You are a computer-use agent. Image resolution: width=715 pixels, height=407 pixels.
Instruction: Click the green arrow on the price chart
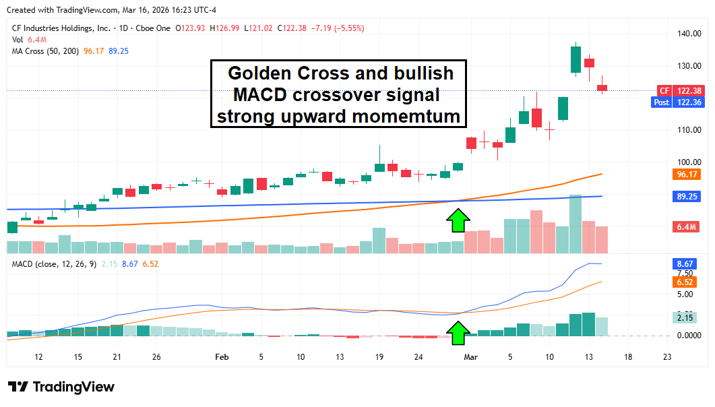(x=458, y=220)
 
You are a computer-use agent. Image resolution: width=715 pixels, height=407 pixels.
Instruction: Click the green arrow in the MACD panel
(x=458, y=332)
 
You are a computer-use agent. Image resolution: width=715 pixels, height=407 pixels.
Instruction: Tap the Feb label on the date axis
(x=222, y=357)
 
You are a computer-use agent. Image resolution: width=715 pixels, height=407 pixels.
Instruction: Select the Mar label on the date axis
(x=471, y=357)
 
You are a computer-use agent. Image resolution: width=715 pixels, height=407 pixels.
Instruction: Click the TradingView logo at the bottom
(x=62, y=387)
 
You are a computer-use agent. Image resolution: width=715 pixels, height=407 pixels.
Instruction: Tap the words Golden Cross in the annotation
(x=280, y=73)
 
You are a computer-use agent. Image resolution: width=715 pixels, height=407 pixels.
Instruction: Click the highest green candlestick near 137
(x=575, y=59)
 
